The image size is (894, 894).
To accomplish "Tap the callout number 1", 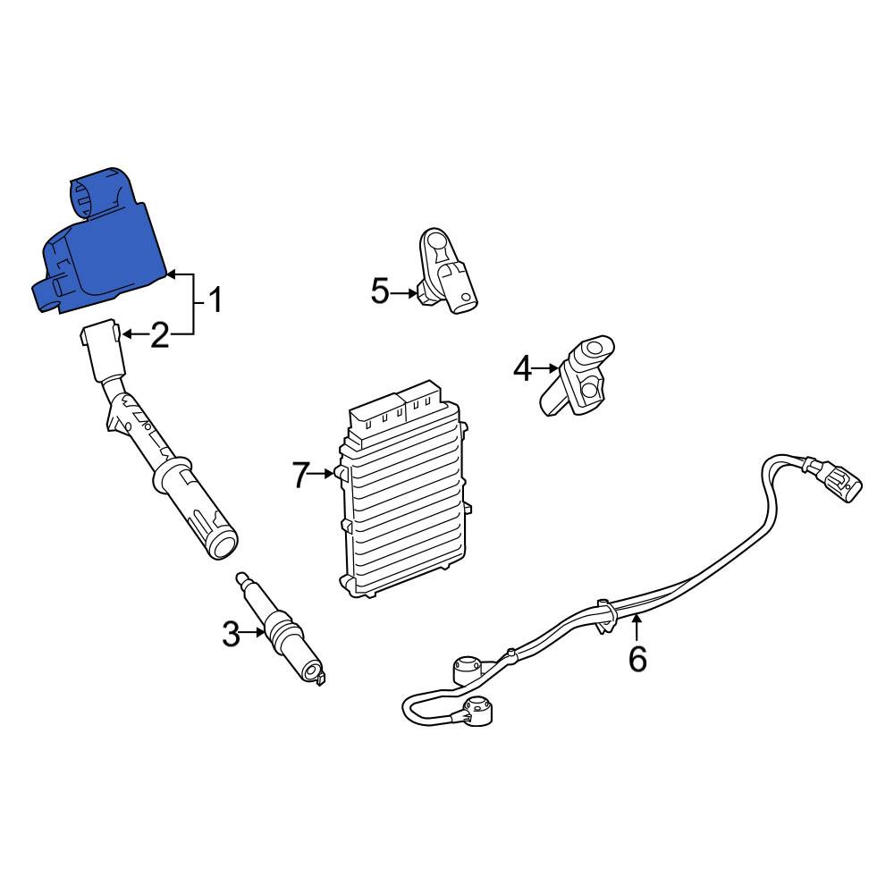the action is [214, 299].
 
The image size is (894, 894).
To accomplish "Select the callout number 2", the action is [160, 334].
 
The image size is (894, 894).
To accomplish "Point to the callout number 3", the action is [231, 634].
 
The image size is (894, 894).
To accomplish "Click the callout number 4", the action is [522, 368].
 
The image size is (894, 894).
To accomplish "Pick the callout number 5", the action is [380, 291].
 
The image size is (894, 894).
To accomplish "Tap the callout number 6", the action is [637, 659].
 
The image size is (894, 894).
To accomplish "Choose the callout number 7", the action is [300, 475].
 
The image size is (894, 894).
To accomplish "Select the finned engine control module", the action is [404, 490].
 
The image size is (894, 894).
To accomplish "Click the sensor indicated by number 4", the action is [577, 375].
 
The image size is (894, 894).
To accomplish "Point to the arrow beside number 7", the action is [322, 473].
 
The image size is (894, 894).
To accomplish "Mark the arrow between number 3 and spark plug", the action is [253, 632].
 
